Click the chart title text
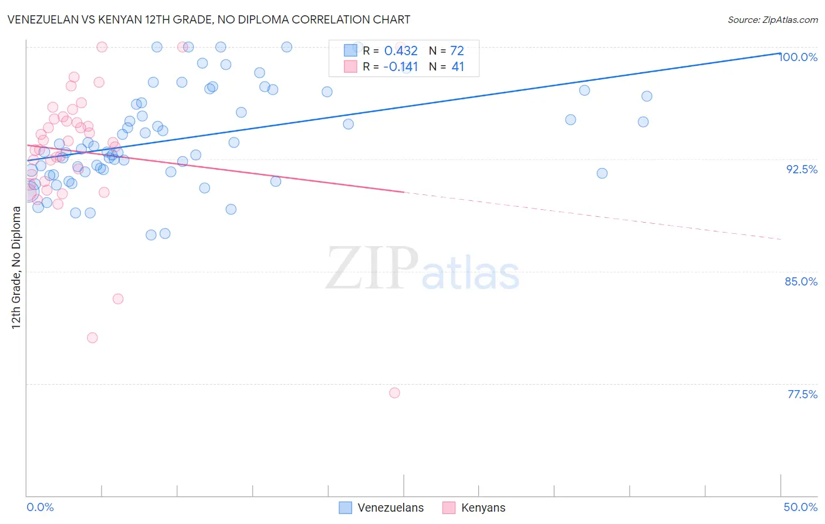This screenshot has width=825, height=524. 209,19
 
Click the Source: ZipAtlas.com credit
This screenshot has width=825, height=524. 772,20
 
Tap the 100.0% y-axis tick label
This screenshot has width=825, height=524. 799,57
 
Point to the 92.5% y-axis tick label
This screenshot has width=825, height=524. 802,169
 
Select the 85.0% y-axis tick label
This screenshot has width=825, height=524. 801,281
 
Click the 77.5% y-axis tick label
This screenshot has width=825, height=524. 802,394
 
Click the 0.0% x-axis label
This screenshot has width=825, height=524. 40,507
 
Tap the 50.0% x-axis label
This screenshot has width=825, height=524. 800,507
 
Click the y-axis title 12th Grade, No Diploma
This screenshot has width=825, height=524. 16,267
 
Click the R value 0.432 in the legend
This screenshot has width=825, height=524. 401,51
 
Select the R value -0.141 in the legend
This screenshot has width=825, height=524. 401,67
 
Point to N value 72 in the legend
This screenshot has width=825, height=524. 457,51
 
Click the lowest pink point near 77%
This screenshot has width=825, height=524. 394,393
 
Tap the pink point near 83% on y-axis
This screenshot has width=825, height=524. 118,299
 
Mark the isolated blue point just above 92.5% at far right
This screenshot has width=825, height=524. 602,173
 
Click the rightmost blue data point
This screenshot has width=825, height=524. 647,96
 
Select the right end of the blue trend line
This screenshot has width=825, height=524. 780,53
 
